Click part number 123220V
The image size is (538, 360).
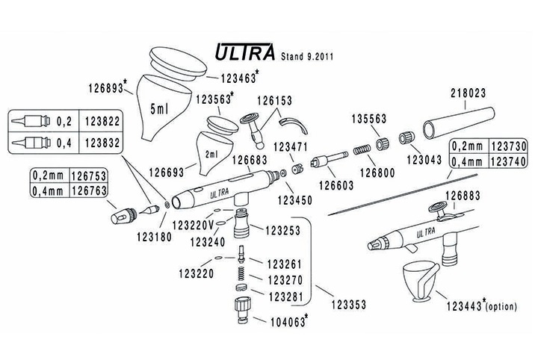[196, 224]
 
